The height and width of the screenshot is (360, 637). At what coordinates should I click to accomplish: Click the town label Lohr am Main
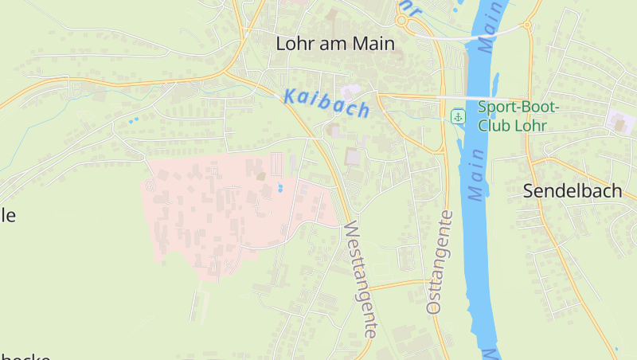(x=334, y=44)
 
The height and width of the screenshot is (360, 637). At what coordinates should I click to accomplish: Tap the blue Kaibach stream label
(x=326, y=104)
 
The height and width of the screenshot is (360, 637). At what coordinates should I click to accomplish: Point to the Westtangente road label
(x=360, y=279)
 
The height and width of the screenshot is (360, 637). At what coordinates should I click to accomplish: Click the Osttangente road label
(x=440, y=261)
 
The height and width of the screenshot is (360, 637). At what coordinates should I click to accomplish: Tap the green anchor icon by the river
(x=458, y=117)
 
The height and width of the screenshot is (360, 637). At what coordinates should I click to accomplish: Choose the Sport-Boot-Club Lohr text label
(x=519, y=116)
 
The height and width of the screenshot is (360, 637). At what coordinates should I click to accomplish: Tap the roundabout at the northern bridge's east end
(x=526, y=25)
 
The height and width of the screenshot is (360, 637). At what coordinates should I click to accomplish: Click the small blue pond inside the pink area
(x=280, y=189)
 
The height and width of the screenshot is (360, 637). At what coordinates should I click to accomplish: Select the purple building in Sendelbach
(x=620, y=122)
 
